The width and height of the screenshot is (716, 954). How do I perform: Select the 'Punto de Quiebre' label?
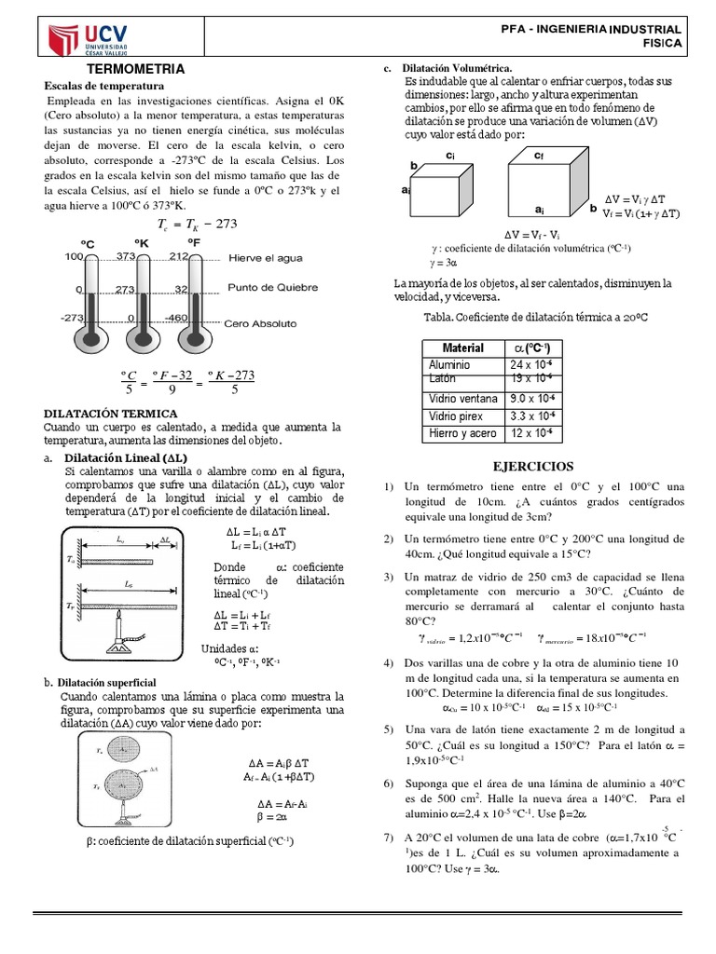tap(273, 288)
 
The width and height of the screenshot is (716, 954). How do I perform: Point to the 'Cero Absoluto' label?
tap(262, 323)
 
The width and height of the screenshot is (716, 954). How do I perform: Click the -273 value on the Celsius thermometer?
tap(74, 318)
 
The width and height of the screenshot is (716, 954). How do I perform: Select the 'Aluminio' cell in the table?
tap(449, 364)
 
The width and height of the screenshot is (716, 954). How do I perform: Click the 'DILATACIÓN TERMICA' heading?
tap(111, 412)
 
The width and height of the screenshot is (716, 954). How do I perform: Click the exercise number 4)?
tap(390, 662)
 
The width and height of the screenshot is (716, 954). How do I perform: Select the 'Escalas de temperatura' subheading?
tap(104, 85)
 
